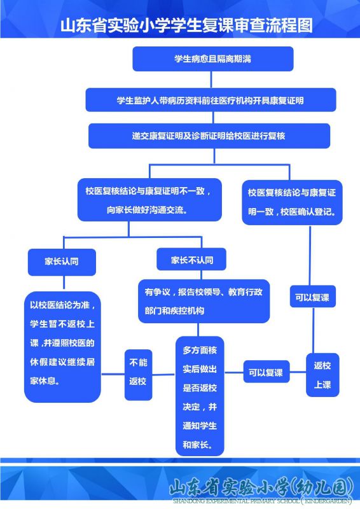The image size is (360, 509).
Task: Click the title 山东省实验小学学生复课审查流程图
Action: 186,25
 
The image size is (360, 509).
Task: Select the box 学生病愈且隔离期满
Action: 213,59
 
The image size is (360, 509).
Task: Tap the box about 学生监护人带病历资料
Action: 211,100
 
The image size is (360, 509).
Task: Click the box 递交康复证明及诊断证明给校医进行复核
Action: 209,136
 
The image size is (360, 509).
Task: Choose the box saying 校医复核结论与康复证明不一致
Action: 149,200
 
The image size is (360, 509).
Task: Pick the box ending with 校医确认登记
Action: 292,202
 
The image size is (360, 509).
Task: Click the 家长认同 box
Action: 62,262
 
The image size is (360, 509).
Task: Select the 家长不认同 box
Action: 191,260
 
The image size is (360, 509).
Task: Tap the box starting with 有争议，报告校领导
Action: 204,301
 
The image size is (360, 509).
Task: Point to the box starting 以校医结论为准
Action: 62,347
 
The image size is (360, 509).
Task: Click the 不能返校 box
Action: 138,375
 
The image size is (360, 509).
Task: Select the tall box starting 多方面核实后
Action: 200,396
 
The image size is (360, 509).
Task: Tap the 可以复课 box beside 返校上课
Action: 267,372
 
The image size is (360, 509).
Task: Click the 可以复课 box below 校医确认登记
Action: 312,296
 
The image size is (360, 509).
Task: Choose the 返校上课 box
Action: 322,375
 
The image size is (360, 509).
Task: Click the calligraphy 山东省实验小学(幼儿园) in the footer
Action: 261,487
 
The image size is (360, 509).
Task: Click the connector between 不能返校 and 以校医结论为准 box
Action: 113,374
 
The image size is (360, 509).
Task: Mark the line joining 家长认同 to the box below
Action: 64,282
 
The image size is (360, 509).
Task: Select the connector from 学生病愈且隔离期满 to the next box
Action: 211,80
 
